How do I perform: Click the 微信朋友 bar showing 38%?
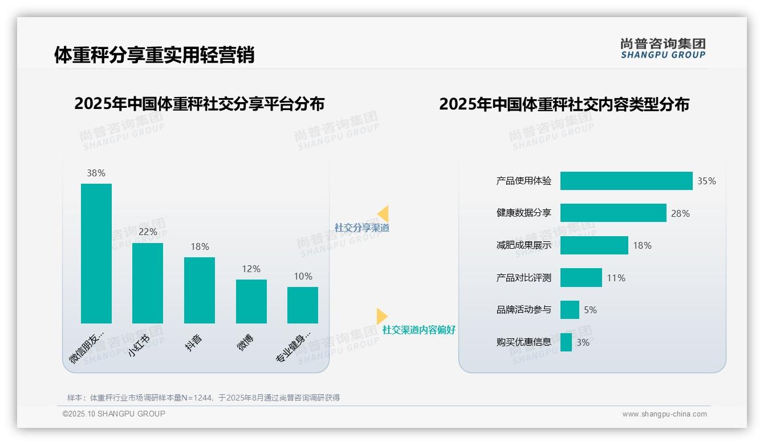[x=96, y=253]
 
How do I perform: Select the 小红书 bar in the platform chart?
[x=148, y=283]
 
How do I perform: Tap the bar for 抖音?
[x=200, y=290]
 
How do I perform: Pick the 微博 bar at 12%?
[x=251, y=301]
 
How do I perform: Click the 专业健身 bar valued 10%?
[x=303, y=305]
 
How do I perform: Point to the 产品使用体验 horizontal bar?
[x=626, y=181]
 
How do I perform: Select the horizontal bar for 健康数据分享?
[x=613, y=213]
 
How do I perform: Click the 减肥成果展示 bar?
[x=594, y=245]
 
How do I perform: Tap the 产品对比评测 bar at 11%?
[x=581, y=278]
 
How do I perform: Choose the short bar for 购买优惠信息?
[x=566, y=342]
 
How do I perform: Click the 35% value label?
[x=706, y=181]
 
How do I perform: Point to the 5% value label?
[x=590, y=310]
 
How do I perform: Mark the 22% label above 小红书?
[x=148, y=232]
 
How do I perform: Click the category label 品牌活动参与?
[x=523, y=310]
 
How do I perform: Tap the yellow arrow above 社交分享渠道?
[x=383, y=213]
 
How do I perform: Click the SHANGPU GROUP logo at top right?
[x=663, y=48]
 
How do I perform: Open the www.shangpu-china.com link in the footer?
[x=664, y=414]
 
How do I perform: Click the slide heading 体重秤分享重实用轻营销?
[x=154, y=55]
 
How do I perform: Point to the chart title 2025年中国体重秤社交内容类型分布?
[x=564, y=104]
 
